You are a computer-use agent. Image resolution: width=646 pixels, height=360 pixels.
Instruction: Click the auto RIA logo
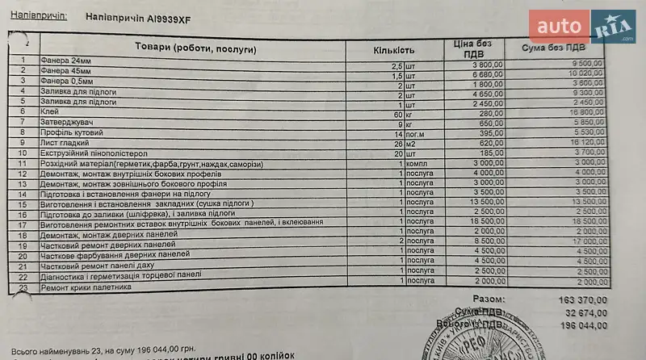pyautogui.click(x=581, y=27)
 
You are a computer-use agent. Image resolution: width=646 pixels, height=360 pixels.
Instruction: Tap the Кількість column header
pyautogui.click(x=394, y=50)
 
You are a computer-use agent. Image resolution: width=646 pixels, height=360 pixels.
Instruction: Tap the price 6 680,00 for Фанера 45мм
pyautogui.click(x=485, y=73)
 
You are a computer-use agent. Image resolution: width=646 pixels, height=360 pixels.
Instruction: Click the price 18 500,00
pyautogui.click(x=484, y=221)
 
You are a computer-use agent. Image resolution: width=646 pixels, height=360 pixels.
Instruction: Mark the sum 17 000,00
pyautogui.click(x=589, y=241)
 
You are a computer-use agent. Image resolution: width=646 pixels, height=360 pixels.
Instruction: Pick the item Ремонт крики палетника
pyautogui.click(x=86, y=287)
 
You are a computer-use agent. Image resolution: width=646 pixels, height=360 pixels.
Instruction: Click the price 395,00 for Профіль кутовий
pyautogui.click(x=489, y=133)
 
